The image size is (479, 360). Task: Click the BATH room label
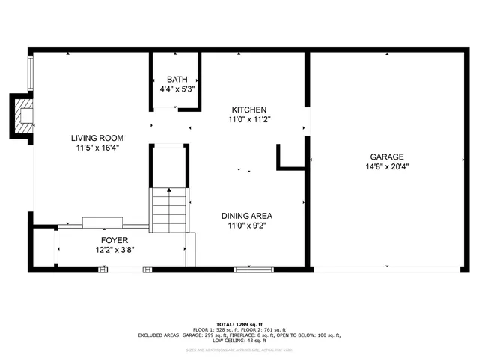click(x=177, y=79)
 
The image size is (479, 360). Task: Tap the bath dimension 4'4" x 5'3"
click(x=177, y=88)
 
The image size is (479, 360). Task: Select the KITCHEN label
click(x=248, y=109)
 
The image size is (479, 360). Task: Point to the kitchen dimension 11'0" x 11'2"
click(x=248, y=119)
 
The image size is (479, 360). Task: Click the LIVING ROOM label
click(x=97, y=138)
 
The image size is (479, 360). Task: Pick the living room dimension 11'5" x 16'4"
click(x=97, y=148)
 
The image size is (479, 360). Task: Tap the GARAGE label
click(x=386, y=157)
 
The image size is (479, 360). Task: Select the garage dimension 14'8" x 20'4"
click(x=386, y=166)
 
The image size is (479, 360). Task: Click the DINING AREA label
click(x=246, y=216)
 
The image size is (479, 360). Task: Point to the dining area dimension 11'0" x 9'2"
click(x=246, y=226)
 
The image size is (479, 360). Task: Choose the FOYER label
click(x=105, y=240)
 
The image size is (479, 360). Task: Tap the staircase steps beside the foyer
click(x=169, y=210)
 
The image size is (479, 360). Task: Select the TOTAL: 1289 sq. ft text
click(x=239, y=323)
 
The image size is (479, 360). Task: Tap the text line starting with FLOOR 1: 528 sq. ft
click(x=239, y=329)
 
